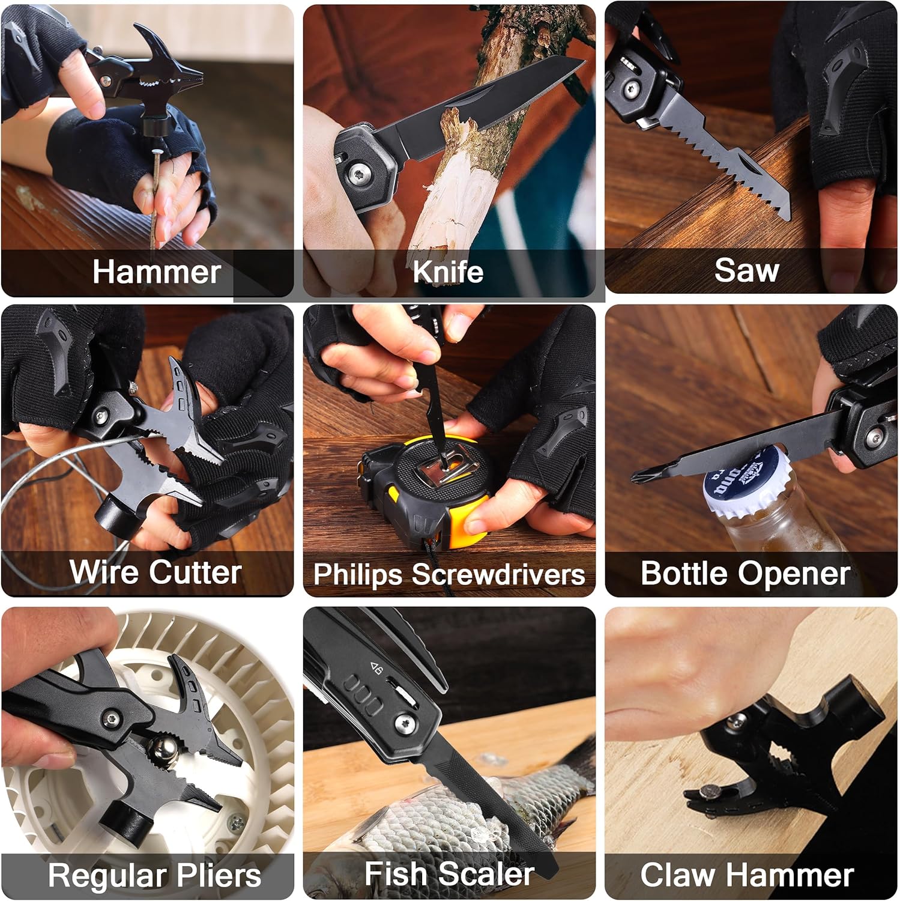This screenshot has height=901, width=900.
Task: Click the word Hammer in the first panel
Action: coord(157,272)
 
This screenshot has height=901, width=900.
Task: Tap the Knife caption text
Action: coord(448,272)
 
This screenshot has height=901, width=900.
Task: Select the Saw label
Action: coord(747,270)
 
